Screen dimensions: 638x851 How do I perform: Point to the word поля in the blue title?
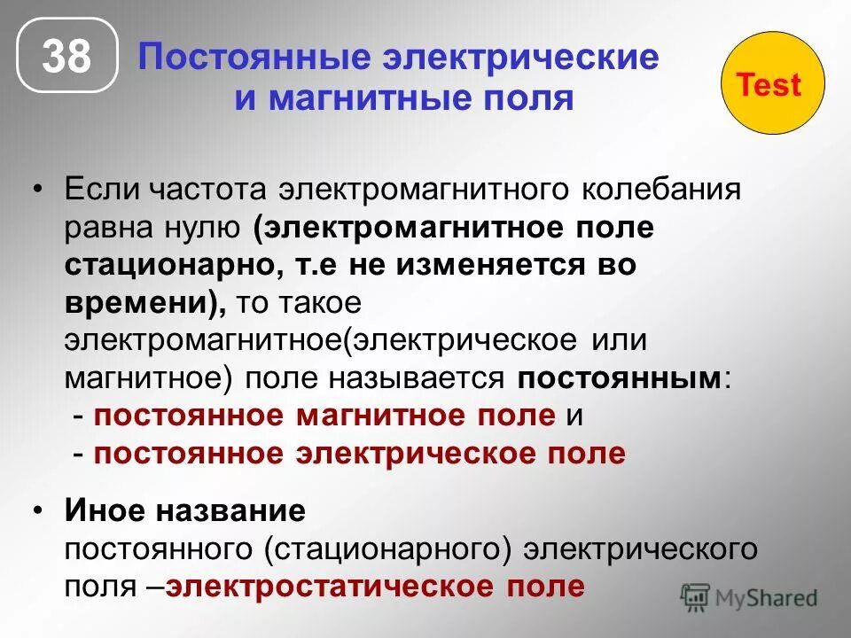[531, 97]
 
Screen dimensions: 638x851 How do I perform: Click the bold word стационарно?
[152, 265]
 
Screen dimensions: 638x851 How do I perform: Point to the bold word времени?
[142, 302]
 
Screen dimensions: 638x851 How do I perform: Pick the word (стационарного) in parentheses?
[389, 549]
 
